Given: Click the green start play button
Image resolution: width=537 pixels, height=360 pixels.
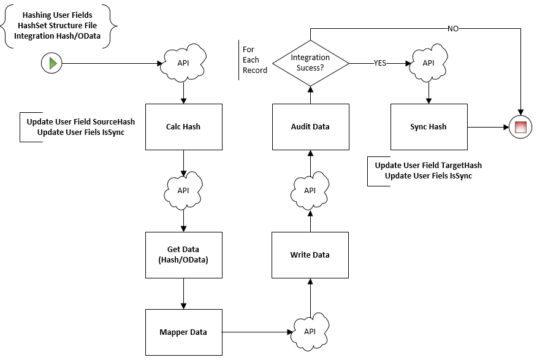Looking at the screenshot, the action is click(x=51, y=63).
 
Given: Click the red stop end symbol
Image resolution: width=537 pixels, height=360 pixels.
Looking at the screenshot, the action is click(x=520, y=127).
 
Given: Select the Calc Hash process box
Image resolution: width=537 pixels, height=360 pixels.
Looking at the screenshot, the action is click(x=183, y=127).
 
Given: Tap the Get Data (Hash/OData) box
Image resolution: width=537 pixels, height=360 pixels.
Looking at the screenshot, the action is click(x=183, y=255).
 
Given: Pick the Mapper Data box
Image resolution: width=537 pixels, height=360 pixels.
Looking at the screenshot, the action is click(x=183, y=332).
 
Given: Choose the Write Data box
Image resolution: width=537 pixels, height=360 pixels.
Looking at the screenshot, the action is click(x=310, y=255).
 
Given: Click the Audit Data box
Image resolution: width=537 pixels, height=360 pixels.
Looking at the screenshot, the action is click(x=311, y=127).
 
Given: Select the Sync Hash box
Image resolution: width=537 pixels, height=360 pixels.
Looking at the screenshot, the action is click(x=428, y=127).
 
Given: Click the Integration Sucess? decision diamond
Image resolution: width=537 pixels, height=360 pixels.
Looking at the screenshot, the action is click(x=311, y=63).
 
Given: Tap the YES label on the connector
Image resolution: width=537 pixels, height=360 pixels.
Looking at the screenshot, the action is click(x=380, y=63).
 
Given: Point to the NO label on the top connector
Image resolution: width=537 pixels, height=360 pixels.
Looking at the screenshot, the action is click(x=453, y=29).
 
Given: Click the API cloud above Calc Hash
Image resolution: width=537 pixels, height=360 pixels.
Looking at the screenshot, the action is click(x=183, y=63).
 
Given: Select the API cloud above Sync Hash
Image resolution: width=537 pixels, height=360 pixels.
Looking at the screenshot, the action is click(x=428, y=63).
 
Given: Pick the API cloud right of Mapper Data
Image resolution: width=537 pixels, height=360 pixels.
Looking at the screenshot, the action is click(x=310, y=331).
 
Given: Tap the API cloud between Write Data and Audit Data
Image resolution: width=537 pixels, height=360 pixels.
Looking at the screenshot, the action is click(x=310, y=191).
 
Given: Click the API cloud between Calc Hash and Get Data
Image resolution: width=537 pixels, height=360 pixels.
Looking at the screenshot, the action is click(x=183, y=191).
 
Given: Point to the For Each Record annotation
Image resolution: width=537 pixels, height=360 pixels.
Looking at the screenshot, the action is click(x=254, y=60).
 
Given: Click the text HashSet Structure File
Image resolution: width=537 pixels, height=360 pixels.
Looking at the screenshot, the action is click(x=57, y=26).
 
